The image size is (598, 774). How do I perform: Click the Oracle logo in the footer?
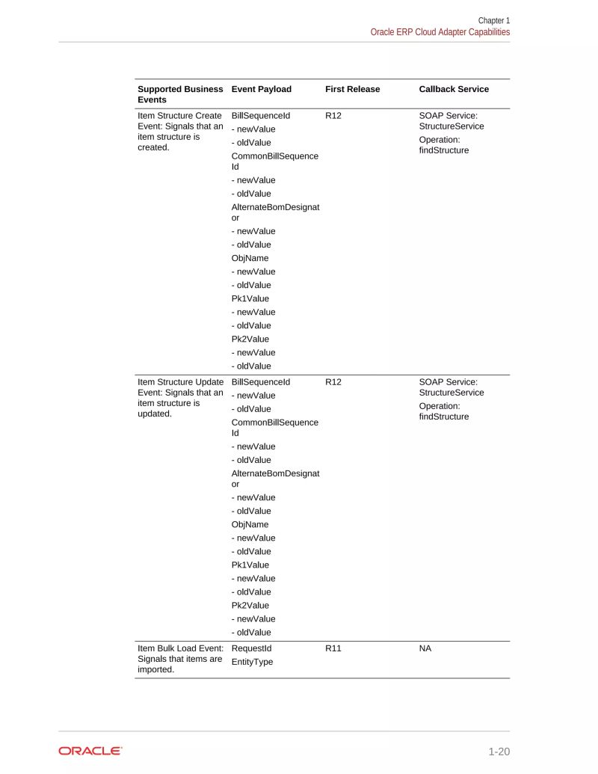(90, 751)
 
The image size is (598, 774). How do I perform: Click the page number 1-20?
(499, 752)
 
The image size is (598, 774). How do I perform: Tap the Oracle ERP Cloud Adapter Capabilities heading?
(440, 32)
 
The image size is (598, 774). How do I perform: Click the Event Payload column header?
(262, 89)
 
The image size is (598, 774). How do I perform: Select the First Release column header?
(352, 89)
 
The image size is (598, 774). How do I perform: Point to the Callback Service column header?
(454, 89)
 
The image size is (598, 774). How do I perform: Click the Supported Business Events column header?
(180, 94)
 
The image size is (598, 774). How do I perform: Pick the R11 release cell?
(333, 648)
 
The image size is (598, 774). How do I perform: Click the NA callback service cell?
(425, 648)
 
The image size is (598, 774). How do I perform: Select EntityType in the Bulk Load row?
(253, 662)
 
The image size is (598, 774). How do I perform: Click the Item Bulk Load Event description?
(180, 659)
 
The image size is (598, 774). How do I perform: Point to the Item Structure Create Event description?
(180, 132)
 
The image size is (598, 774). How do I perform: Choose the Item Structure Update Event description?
(180, 398)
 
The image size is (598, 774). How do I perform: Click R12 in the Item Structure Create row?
(333, 116)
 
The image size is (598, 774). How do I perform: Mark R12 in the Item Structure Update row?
(333, 382)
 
